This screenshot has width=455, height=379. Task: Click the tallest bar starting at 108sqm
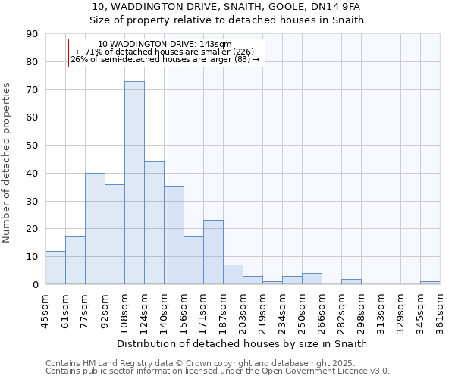134,183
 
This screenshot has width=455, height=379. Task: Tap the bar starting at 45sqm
55,268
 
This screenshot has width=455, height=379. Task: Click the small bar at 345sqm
430,283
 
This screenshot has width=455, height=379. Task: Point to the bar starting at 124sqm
154,223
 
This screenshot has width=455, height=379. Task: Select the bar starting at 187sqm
233,274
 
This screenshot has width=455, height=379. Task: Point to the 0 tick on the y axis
36,284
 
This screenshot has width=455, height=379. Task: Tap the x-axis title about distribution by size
243,343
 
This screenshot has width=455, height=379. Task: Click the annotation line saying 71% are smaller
165,52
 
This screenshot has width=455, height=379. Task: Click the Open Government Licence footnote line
218,371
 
